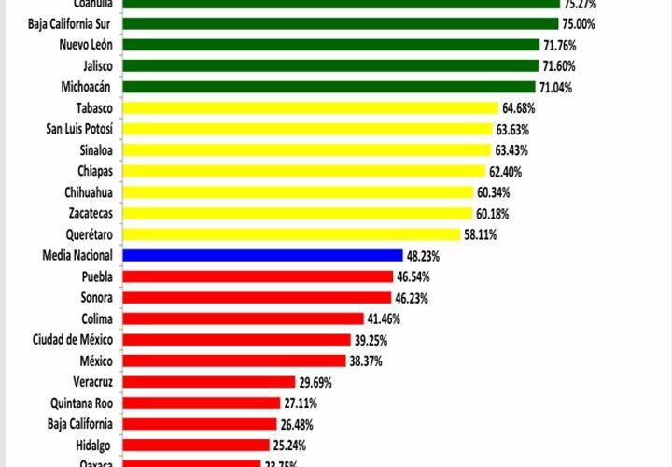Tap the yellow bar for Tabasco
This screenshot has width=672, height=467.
[x=309, y=107]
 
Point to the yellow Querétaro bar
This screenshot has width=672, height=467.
[x=290, y=234]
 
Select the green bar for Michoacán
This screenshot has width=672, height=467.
[x=327, y=87]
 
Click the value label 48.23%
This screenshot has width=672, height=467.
[x=422, y=255]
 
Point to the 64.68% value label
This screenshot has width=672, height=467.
[x=518, y=108]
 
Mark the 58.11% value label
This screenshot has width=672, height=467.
[x=480, y=234]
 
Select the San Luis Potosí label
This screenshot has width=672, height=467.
[x=79, y=129]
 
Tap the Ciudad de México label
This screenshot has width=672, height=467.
[x=73, y=339]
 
